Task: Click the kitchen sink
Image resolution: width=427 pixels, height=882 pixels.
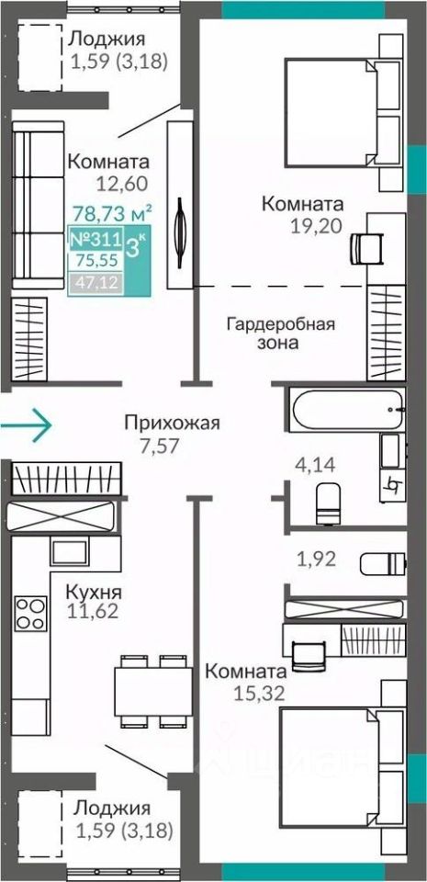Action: pos(70,551)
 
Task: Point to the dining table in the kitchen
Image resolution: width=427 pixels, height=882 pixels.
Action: pos(151,691)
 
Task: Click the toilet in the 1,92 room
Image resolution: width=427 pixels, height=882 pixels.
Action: pos(382,563)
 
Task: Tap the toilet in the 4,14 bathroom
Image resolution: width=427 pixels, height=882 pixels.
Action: pos(328,504)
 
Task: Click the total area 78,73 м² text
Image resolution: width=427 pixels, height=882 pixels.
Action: pos(113,213)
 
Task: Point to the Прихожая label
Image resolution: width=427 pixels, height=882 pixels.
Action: pos(172,423)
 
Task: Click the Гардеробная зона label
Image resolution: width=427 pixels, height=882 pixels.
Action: pos(281,333)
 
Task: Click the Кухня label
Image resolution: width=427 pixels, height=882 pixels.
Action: pos(94,592)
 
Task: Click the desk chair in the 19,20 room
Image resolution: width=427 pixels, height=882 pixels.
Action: pos(365,246)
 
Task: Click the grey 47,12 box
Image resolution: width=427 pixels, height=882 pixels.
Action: pos(96,282)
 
